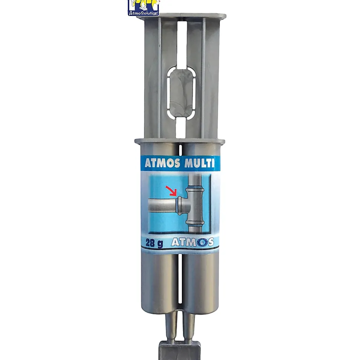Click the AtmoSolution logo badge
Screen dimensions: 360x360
pyautogui.click(x=143, y=8)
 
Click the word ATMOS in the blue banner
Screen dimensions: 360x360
pyautogui.click(x=162, y=163)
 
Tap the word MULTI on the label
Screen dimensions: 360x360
pyautogui.click(x=199, y=163)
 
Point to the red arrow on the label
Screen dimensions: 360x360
pyautogui.click(x=171, y=191)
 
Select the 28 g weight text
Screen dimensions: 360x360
pyautogui.click(x=154, y=243)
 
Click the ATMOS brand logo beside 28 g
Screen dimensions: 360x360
pyautogui.click(x=192, y=242)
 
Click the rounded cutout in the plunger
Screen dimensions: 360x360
pyautogui.click(x=181, y=93)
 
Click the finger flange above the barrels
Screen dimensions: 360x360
pyautogui.click(x=180, y=141)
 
